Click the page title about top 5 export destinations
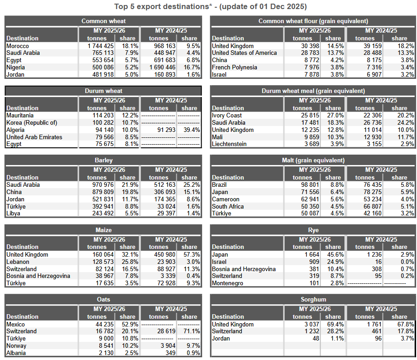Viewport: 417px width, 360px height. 210,6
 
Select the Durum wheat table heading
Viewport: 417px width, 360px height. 103,91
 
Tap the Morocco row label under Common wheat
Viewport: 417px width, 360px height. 18,46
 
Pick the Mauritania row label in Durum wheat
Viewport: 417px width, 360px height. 20,115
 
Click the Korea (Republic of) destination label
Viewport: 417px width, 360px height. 32,122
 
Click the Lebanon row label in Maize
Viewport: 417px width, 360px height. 18,262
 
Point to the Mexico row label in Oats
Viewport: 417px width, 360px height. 16,324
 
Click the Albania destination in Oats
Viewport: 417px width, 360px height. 16,353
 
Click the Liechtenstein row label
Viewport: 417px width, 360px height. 229,144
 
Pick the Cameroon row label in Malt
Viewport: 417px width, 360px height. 226,199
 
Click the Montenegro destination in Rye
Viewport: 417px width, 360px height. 228,283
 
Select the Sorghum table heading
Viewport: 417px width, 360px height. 313,299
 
